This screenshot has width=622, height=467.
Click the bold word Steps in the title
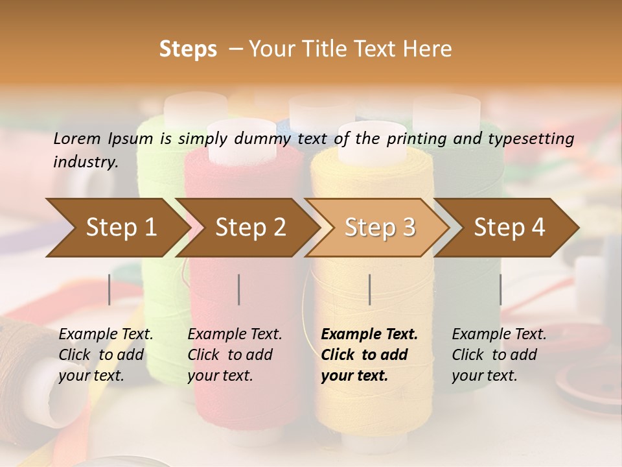[x=188, y=49]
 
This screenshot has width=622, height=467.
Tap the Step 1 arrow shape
[x=117, y=228]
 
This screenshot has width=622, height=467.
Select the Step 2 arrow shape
[x=249, y=228]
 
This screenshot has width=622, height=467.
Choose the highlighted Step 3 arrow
[x=379, y=228]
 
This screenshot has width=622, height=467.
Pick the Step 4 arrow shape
[x=509, y=228]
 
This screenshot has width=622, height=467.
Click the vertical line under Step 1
[x=109, y=289]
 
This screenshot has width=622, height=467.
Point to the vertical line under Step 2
[x=239, y=289]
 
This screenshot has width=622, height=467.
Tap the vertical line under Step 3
[x=369, y=289]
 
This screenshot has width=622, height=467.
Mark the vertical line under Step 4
[x=500, y=289]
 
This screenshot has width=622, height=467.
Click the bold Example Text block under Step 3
[x=369, y=355]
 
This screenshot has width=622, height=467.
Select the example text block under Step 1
[x=106, y=355]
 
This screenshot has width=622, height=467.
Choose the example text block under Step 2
[x=235, y=355]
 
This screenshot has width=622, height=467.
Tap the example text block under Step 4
[x=499, y=355]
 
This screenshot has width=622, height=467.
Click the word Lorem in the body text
[x=77, y=139]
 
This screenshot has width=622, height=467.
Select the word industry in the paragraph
[x=85, y=162]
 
